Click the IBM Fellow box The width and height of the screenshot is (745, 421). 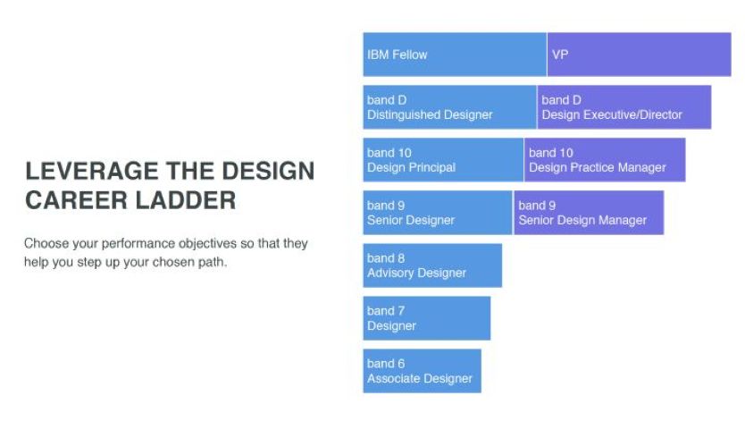pos(455,55)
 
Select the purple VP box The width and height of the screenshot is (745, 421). pos(639,55)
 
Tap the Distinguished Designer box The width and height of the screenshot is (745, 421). pos(449,107)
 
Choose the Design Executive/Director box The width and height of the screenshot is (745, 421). pos(624,107)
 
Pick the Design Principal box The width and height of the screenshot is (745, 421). pos(443,160)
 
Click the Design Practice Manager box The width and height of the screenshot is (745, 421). pos(605,160)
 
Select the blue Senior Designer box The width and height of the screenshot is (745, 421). pos(438,213)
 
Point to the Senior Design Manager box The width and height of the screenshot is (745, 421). pos(589,213)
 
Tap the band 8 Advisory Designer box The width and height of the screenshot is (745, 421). pos(432,265)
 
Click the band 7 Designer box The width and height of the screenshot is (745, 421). pos(427,318)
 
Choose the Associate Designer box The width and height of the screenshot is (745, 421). pos(422,371)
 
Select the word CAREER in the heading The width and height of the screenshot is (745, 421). pos(77,200)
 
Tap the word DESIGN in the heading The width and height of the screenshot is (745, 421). pos(268,171)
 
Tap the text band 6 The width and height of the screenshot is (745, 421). pos(386,364)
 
